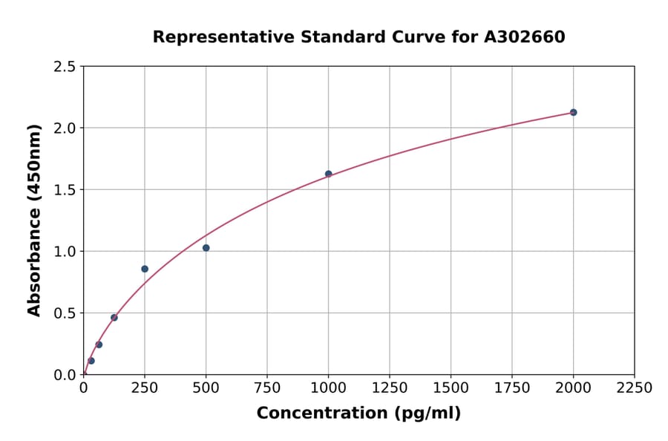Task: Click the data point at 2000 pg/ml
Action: coord(573,112)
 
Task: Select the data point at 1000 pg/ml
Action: coord(328,174)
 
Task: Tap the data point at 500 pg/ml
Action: coord(206,248)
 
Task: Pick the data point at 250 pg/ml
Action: coord(145,269)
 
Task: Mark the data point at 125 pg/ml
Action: coord(114,318)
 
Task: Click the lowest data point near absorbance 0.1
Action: coord(91,361)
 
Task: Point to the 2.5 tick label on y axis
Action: coord(65,67)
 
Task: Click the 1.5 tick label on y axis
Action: coord(65,190)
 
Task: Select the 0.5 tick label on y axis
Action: coord(65,313)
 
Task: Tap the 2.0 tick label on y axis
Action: coord(65,128)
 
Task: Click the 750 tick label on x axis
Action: coord(267,388)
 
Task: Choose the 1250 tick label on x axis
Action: coord(390,388)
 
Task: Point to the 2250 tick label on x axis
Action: coord(635,388)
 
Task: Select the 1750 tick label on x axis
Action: coord(512,388)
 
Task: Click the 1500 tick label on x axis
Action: coord(451,388)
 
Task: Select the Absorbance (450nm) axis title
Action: coord(34,220)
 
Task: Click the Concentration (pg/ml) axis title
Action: coord(358,414)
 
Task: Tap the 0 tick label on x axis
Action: coord(83,388)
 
